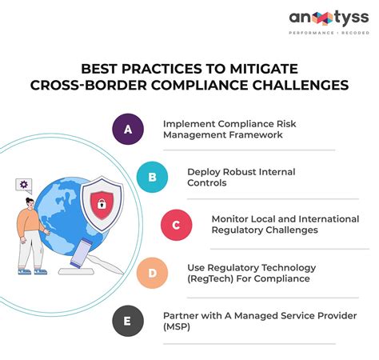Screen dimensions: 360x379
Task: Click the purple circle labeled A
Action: [x=127, y=129]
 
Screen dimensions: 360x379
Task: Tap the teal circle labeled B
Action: [x=151, y=177]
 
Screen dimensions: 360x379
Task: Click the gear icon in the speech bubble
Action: [x=24, y=185]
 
